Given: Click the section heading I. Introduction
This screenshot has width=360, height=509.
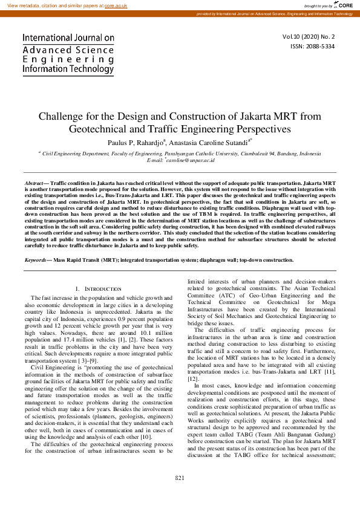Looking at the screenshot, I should pos(98,289).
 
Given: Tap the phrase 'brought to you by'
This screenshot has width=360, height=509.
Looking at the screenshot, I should pos(318,5).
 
